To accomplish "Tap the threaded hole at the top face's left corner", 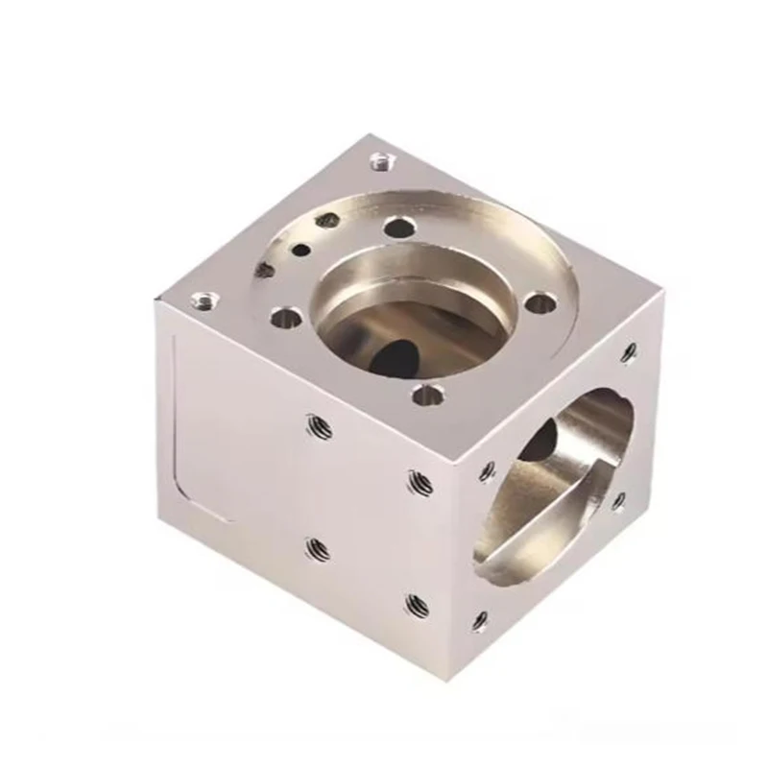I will coord(203,300).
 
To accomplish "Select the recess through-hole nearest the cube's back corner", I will coord(396,228).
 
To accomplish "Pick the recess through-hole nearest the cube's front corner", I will coord(427,394).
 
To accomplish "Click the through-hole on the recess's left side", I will coord(284,317).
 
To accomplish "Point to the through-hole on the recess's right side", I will coord(541,304).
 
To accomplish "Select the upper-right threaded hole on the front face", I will coord(419,482).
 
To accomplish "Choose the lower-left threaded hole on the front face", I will coord(318,548).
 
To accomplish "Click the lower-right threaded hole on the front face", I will coord(417,604).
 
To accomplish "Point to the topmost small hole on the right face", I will coord(628,352).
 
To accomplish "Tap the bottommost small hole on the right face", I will coord(480,621).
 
